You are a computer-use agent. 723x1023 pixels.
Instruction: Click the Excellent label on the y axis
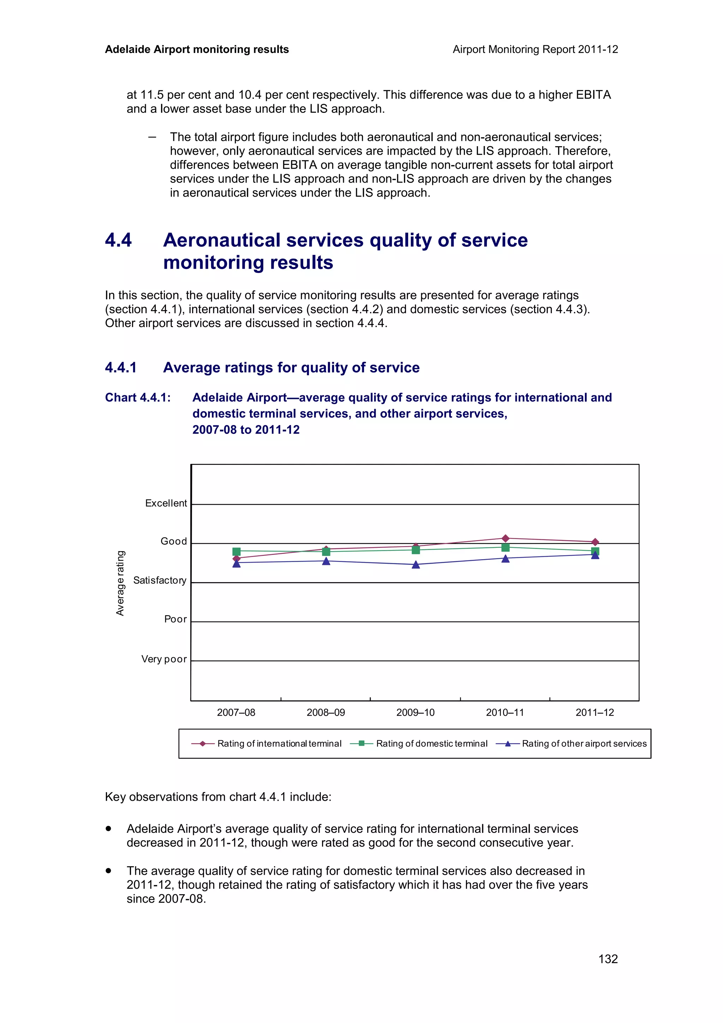[166, 503]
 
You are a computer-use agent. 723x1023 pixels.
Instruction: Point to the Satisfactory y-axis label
[160, 580]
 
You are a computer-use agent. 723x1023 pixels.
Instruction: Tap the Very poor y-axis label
[163, 659]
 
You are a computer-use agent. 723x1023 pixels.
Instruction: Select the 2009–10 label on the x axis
[415, 712]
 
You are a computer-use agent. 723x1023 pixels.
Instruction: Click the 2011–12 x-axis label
[594, 712]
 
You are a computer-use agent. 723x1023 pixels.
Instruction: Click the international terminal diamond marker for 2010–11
[505, 538]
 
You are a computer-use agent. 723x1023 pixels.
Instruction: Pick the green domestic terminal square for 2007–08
[237, 552]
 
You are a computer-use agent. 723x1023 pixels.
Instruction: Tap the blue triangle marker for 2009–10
[416, 565]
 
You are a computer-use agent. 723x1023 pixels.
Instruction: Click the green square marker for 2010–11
[505, 548]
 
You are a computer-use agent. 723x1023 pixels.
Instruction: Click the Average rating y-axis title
[120, 583]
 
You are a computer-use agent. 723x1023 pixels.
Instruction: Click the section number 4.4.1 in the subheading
[121, 367]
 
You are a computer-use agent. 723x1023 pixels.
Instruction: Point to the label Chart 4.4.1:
[138, 397]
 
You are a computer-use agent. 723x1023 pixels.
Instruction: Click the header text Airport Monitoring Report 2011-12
[535, 49]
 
